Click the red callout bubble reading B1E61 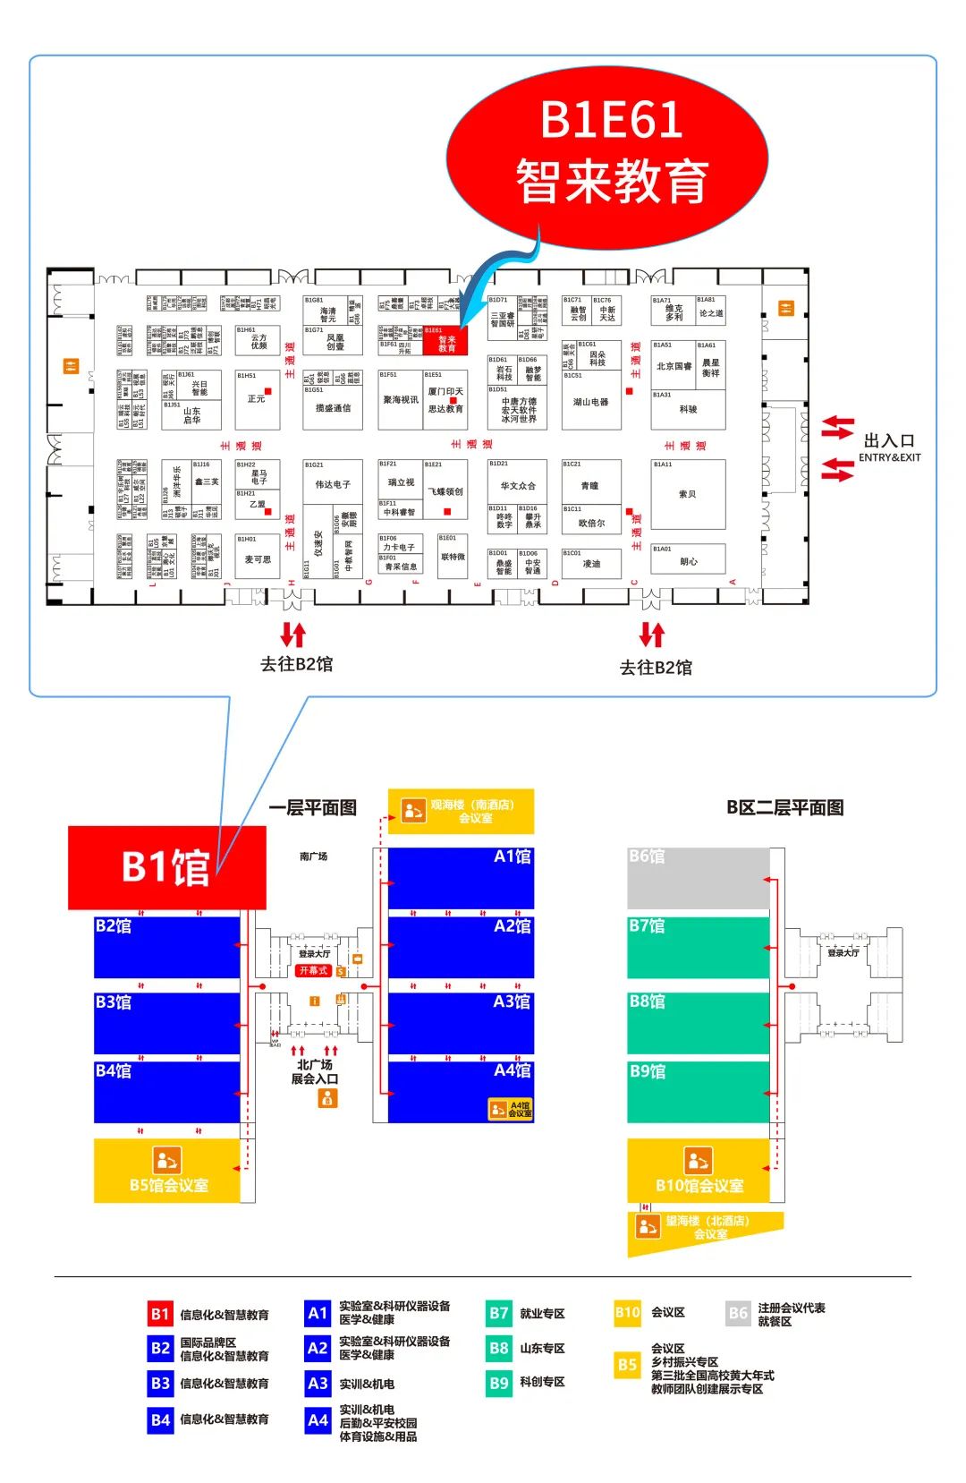(x=607, y=149)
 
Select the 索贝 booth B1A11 (x=688, y=494)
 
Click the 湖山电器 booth (x=591, y=402)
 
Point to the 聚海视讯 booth (x=400, y=400)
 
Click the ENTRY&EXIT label (x=889, y=457)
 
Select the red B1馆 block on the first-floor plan (x=167, y=866)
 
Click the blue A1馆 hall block (x=461, y=878)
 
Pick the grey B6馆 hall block (x=698, y=878)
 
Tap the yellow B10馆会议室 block (x=699, y=1170)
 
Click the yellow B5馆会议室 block (x=167, y=1170)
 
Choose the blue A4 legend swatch (x=318, y=1419)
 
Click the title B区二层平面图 (x=784, y=807)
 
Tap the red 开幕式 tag (x=314, y=970)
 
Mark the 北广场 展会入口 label (x=315, y=1071)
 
